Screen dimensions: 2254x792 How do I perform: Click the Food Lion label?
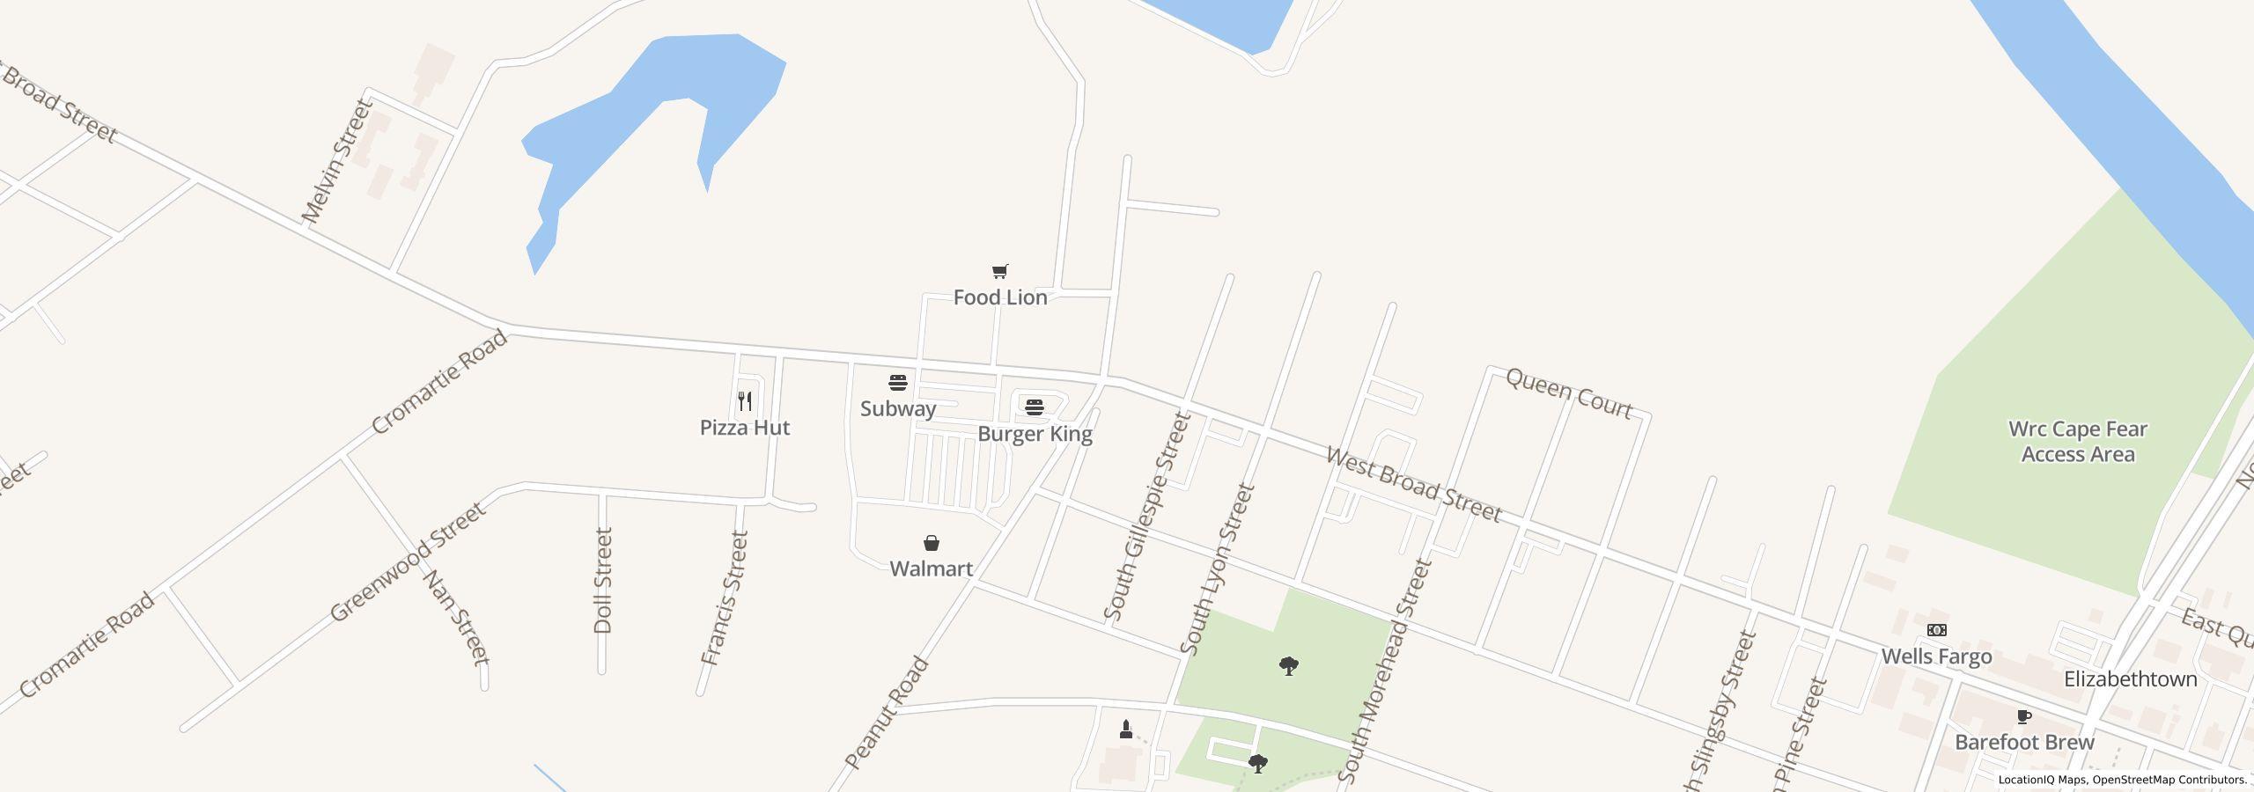click(1000, 297)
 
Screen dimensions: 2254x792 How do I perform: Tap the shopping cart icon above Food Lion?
click(999, 272)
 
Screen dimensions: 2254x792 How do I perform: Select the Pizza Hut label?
click(745, 428)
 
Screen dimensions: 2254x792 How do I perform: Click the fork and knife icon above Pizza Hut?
click(746, 401)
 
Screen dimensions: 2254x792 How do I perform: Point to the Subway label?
click(897, 408)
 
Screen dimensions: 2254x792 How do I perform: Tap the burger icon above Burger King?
click(1035, 407)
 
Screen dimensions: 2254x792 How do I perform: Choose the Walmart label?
click(931, 568)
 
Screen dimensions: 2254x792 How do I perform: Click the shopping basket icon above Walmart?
click(932, 543)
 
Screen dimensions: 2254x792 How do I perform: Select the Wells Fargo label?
click(1936, 656)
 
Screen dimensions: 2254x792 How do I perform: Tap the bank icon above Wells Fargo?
click(1937, 630)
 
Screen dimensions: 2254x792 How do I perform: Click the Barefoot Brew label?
click(2024, 742)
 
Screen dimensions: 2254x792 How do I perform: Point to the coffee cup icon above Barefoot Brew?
click(2024, 716)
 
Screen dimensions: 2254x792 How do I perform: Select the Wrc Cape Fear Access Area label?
click(2077, 442)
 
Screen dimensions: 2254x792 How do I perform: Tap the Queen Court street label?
click(1569, 393)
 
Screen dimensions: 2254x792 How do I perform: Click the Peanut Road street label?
click(887, 713)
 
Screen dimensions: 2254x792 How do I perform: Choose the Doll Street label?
click(603, 580)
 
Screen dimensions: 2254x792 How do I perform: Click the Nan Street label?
click(456, 618)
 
